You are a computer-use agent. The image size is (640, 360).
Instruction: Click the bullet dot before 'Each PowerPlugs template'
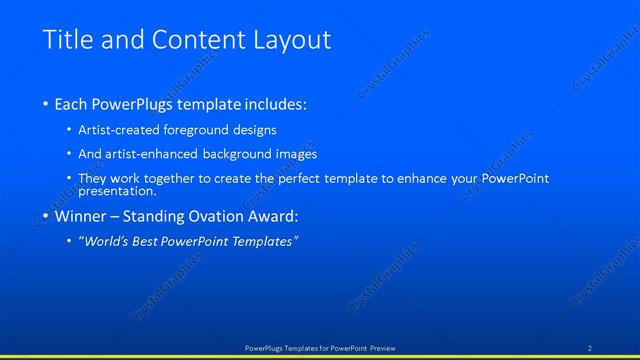46,104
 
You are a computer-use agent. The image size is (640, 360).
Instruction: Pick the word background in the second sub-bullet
246,154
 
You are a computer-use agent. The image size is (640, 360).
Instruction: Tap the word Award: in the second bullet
273,215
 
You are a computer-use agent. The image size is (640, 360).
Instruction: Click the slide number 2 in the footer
590,348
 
